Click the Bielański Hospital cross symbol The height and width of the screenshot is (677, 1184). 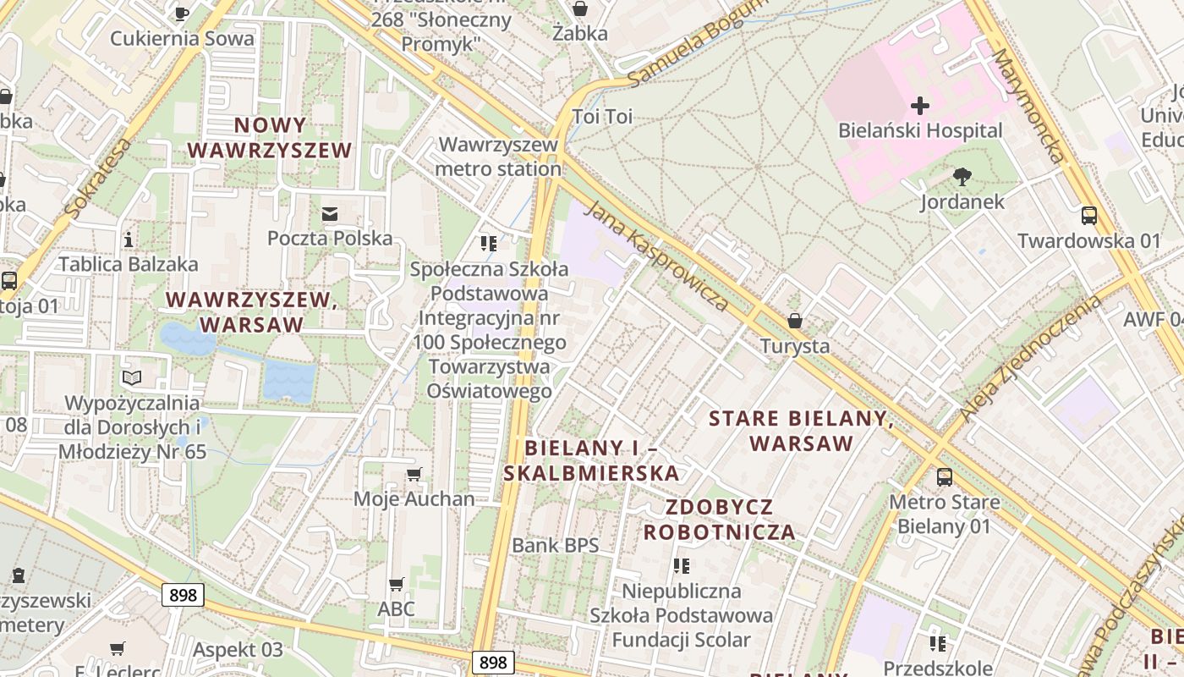920,106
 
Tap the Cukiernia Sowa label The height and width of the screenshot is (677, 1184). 182,38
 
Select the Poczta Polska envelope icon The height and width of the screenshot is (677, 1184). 330,214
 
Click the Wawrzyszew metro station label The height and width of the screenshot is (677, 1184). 499,157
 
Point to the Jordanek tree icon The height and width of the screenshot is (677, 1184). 962,177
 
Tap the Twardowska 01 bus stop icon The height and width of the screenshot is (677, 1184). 1089,216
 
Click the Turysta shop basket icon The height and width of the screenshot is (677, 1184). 794,322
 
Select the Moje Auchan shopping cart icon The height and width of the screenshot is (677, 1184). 414,474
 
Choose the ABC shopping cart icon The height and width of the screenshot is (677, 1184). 396,584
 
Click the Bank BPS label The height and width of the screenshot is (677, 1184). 555,545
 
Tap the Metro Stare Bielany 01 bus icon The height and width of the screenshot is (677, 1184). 944,476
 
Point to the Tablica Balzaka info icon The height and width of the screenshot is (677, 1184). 129,239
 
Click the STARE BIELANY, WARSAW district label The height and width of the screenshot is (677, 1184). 801,431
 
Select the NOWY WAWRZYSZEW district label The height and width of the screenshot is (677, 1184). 270,138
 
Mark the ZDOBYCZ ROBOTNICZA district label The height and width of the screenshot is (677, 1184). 720,520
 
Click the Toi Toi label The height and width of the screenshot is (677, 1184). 602,117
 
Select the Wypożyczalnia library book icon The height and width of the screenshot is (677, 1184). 132,377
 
